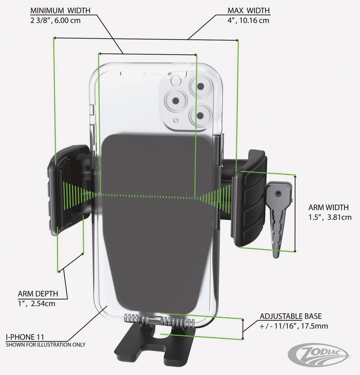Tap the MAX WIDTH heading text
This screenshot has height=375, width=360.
click(249, 11)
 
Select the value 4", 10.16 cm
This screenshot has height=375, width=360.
click(249, 20)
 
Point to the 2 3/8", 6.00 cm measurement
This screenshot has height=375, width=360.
click(55, 20)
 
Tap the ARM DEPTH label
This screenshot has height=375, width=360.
click(38, 294)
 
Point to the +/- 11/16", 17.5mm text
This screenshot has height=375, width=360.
click(294, 326)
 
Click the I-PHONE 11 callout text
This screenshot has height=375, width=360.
click(25, 337)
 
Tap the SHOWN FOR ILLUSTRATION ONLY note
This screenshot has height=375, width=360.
click(45, 345)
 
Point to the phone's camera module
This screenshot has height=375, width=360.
click(187, 101)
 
